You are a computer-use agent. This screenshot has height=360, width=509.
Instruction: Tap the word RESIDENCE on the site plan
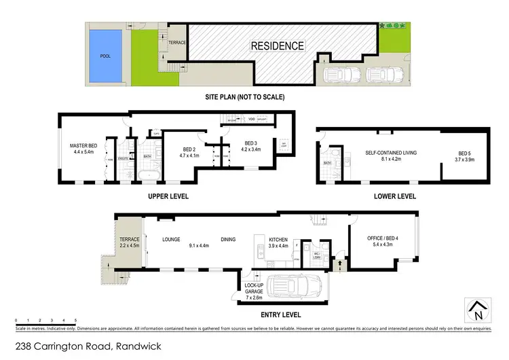click(x=278, y=46)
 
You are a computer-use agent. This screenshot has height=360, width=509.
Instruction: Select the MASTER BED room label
click(x=84, y=146)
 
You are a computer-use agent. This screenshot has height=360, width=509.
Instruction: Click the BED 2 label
click(x=189, y=150)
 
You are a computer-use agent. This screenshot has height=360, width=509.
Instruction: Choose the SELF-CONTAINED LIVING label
click(x=390, y=153)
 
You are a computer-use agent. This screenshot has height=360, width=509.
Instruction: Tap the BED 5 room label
click(x=464, y=154)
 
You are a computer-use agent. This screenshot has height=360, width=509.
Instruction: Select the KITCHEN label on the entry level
click(x=278, y=240)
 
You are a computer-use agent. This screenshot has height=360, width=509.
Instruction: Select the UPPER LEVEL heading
click(x=168, y=196)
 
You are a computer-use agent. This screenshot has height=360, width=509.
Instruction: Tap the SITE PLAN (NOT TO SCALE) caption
click(x=245, y=97)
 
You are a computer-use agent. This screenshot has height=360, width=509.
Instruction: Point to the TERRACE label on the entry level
click(x=129, y=240)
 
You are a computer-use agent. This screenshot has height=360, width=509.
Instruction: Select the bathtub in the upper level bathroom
click(x=147, y=178)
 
